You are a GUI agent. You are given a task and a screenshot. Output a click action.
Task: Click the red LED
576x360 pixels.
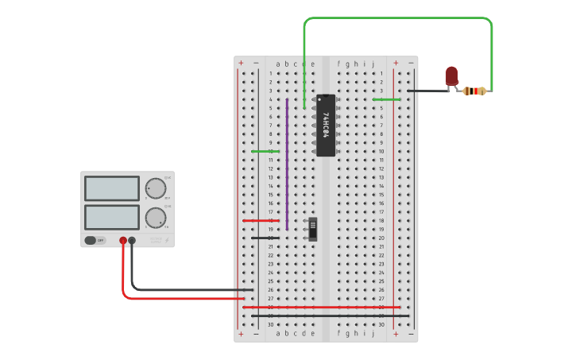coord(452,75)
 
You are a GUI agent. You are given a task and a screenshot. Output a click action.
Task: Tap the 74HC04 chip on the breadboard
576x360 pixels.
coord(326,126)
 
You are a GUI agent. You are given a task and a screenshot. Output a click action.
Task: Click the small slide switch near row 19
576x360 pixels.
coord(312,229)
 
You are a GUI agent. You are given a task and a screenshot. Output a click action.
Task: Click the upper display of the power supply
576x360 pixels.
coord(111,188)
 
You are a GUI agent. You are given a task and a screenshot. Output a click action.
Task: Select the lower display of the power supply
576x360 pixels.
coord(111,217)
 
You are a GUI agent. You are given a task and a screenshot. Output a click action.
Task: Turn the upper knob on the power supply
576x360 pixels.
coord(156,188)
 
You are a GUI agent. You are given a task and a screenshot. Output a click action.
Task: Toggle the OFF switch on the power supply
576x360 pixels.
coord(91,240)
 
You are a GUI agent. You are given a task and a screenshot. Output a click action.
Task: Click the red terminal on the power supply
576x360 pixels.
coord(123,240)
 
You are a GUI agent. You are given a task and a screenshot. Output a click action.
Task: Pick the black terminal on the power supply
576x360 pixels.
coord(132,240)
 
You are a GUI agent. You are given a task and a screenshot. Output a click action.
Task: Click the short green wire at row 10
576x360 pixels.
coord(264,151)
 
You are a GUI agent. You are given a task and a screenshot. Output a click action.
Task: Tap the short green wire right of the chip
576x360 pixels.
coord(386,99)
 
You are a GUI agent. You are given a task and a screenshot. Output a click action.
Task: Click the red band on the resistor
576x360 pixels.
coord(476,91)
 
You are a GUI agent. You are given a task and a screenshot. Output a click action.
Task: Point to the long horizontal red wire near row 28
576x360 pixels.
coord(321,307)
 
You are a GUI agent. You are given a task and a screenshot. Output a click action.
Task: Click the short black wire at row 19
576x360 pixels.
coord(264,238)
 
